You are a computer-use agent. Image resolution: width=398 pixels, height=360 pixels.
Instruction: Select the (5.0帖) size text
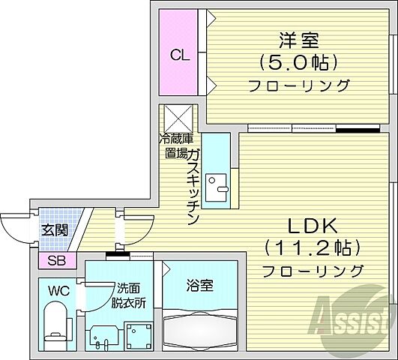click(x=296, y=61)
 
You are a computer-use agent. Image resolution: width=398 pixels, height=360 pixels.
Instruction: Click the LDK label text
click(x=313, y=225)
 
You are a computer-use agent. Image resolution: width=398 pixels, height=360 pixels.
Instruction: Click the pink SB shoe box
click(x=56, y=261)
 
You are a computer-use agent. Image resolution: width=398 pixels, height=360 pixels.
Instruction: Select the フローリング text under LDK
click(x=313, y=270)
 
